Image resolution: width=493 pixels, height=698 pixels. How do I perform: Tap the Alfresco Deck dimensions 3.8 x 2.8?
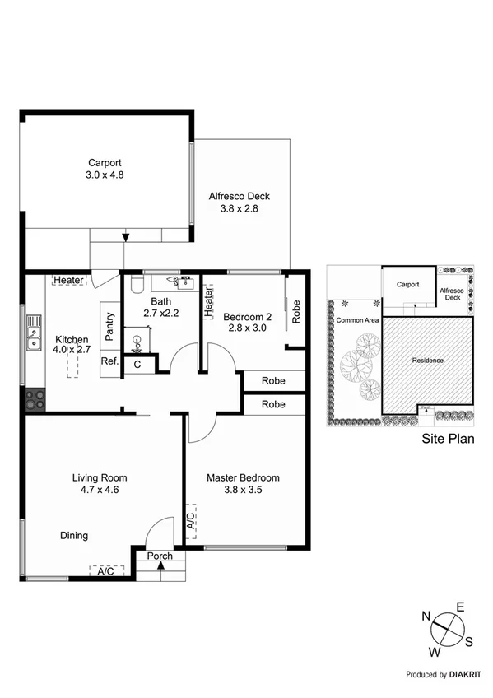(244, 209)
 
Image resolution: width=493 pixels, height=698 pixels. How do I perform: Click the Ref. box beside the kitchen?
(109, 361)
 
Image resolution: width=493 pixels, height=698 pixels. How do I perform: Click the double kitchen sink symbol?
(35, 333)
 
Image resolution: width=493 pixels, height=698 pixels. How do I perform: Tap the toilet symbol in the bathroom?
(137, 284)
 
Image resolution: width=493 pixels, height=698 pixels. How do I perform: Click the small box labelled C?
(137, 364)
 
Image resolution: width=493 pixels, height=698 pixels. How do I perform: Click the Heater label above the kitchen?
(69, 280)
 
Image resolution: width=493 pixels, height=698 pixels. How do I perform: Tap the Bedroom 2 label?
(247, 317)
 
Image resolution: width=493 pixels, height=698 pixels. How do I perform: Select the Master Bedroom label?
(243, 477)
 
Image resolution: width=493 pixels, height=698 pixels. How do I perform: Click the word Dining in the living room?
(74, 536)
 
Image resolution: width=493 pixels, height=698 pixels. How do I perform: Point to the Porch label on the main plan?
(160, 556)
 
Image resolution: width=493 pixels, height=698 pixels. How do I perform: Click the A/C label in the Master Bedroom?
(190, 521)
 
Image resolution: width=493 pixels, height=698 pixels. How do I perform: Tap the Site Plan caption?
(449, 439)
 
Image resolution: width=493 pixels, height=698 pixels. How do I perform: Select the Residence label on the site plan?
(428, 361)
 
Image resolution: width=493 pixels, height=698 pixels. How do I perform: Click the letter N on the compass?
(427, 616)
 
